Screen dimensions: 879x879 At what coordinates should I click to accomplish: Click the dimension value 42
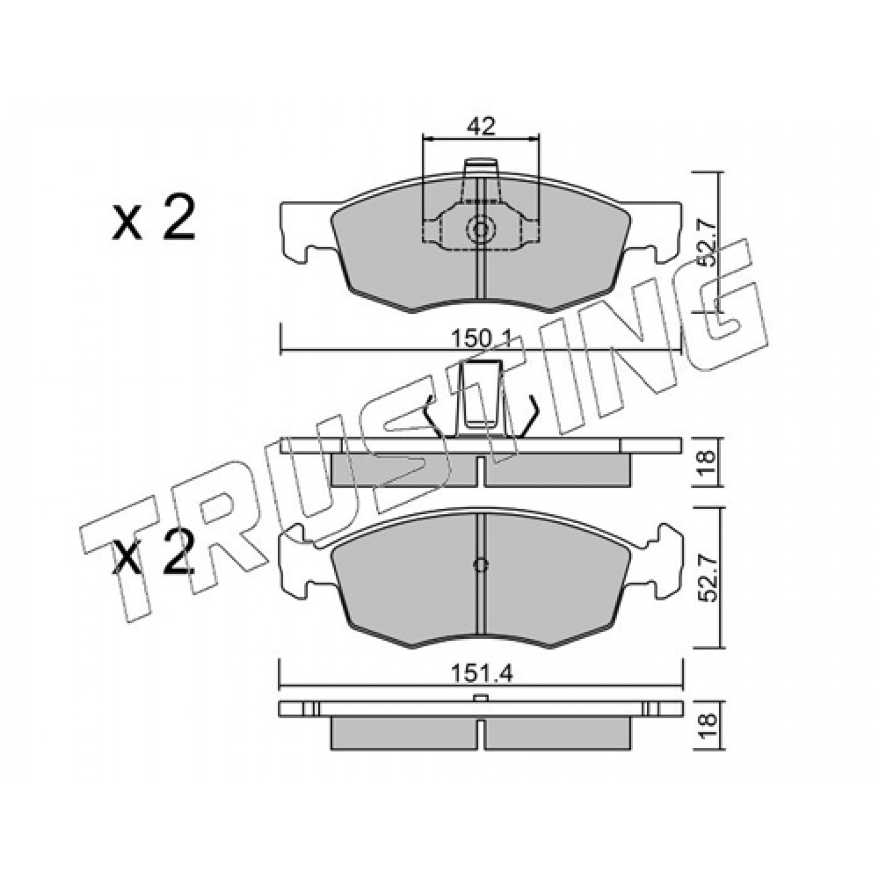tap(481, 126)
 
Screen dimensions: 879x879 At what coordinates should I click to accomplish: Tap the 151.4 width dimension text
tap(482, 687)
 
